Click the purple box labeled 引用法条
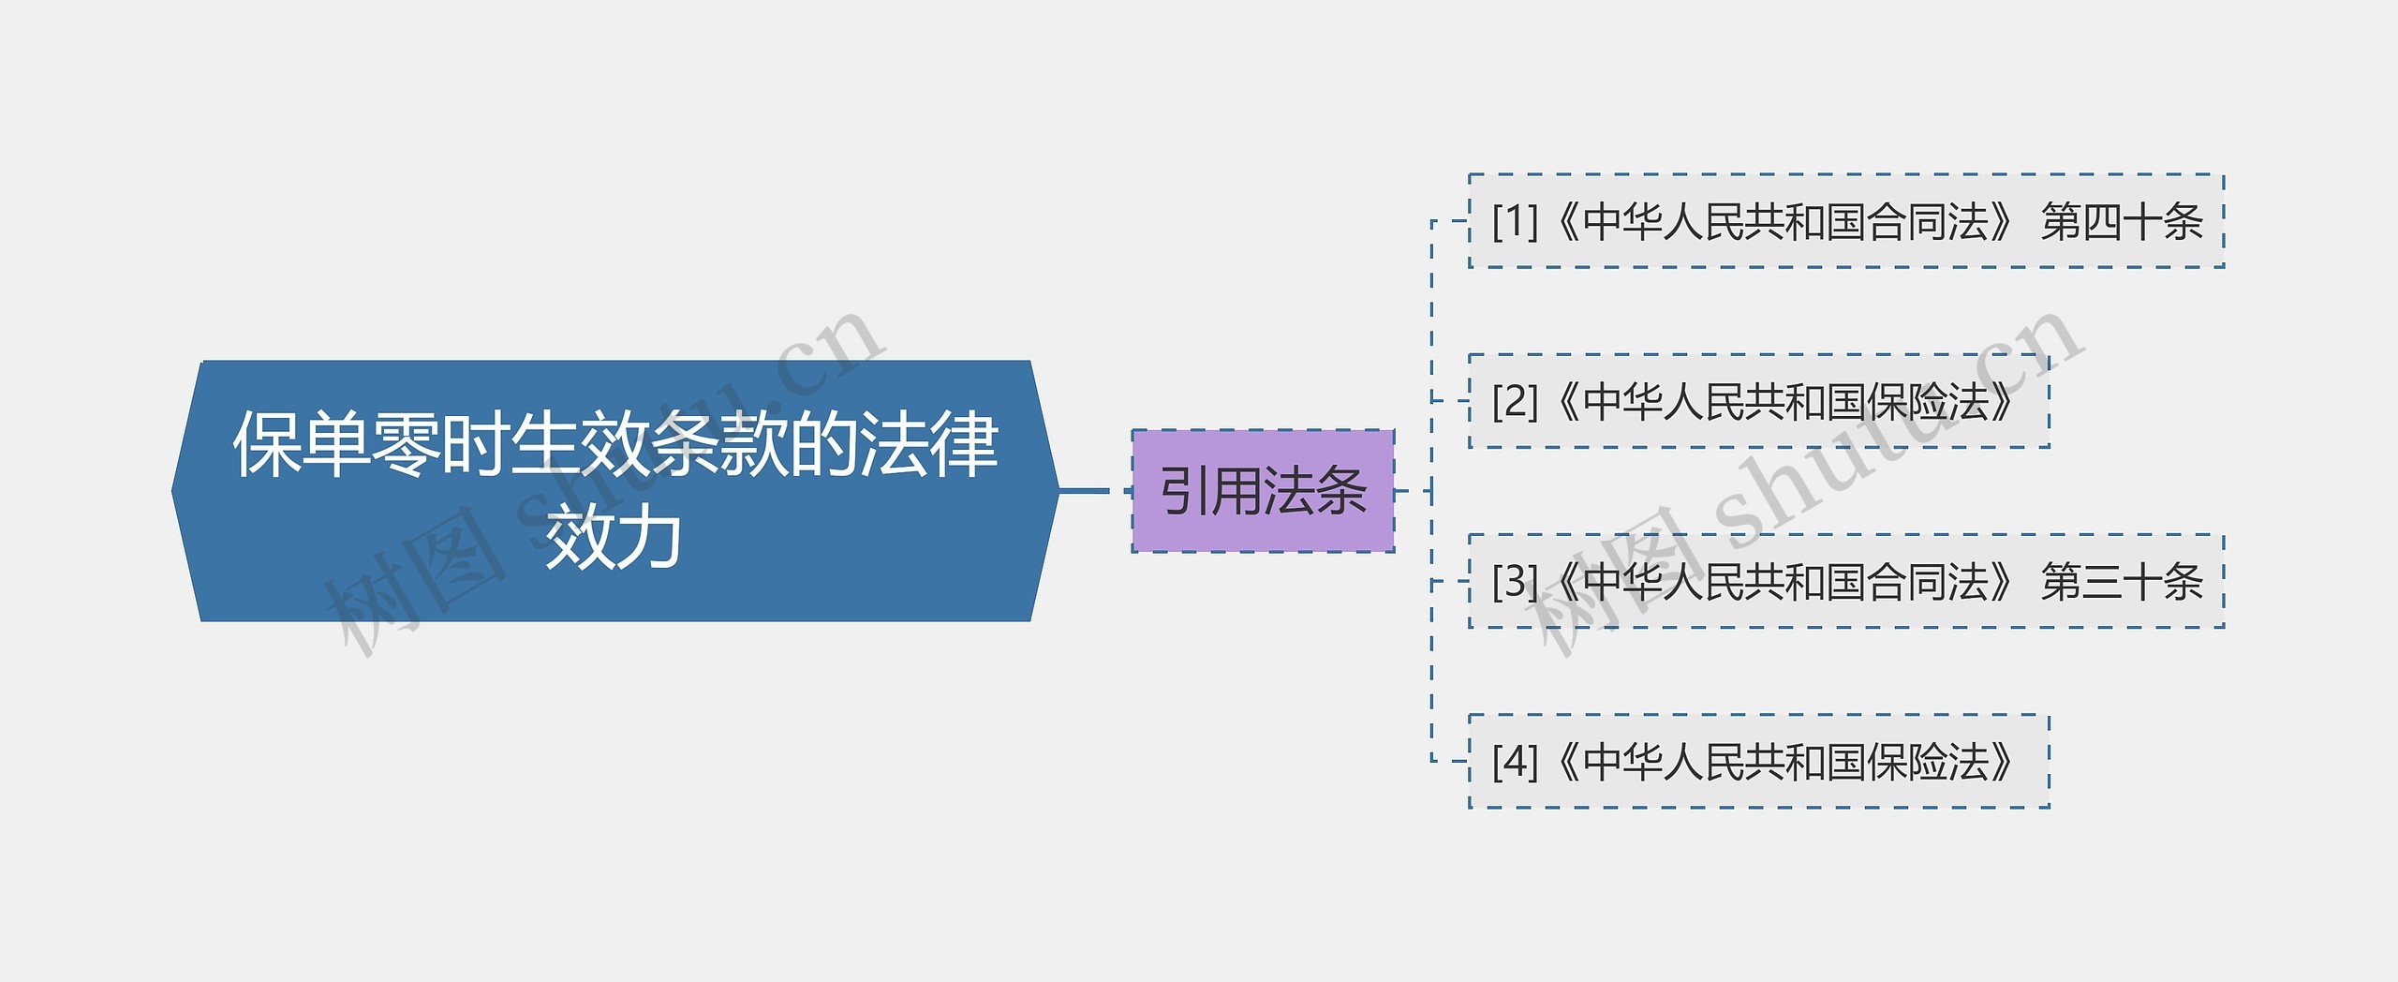tap(1263, 491)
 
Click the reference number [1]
tap(1515, 222)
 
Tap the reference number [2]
tap(1515, 402)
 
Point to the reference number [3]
tap(1515, 582)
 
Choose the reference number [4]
tap(1515, 762)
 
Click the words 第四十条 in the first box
tap(2122, 222)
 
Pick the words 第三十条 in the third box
tap(2122, 582)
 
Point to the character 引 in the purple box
tap(1184, 491)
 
